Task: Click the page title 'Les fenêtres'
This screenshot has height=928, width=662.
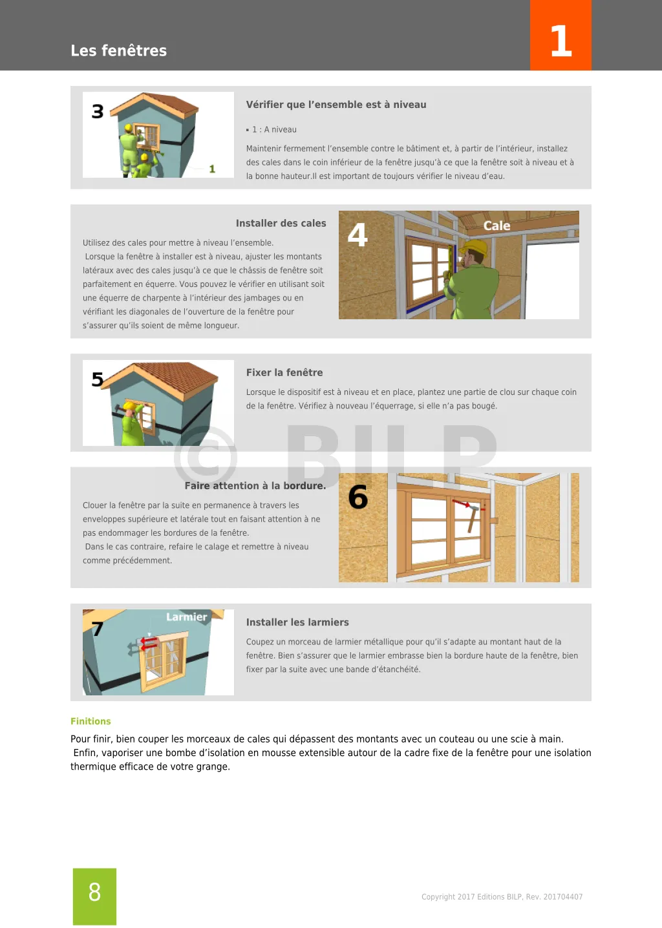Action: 118,50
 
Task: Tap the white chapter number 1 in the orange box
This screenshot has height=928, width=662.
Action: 561,41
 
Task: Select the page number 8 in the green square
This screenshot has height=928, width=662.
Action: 94,892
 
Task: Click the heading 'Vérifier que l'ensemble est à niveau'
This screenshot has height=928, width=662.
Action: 336,105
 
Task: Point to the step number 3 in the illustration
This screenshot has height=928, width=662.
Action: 98,112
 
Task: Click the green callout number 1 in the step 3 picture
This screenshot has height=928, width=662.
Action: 212,169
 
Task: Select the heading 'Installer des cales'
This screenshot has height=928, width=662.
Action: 281,224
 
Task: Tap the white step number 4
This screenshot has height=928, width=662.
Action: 358,235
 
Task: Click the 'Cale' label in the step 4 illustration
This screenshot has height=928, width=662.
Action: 496,226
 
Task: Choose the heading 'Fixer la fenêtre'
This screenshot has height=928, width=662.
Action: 284,373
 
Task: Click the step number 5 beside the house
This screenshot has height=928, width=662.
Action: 98,379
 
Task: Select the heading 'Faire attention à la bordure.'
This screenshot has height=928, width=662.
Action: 255,486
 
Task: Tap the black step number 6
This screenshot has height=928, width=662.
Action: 358,497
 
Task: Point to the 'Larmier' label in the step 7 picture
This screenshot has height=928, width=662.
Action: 186,617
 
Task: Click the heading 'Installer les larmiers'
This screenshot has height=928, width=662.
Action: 297,622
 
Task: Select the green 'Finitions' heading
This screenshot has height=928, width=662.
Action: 91,721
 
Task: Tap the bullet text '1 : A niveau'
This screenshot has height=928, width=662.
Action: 274,130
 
